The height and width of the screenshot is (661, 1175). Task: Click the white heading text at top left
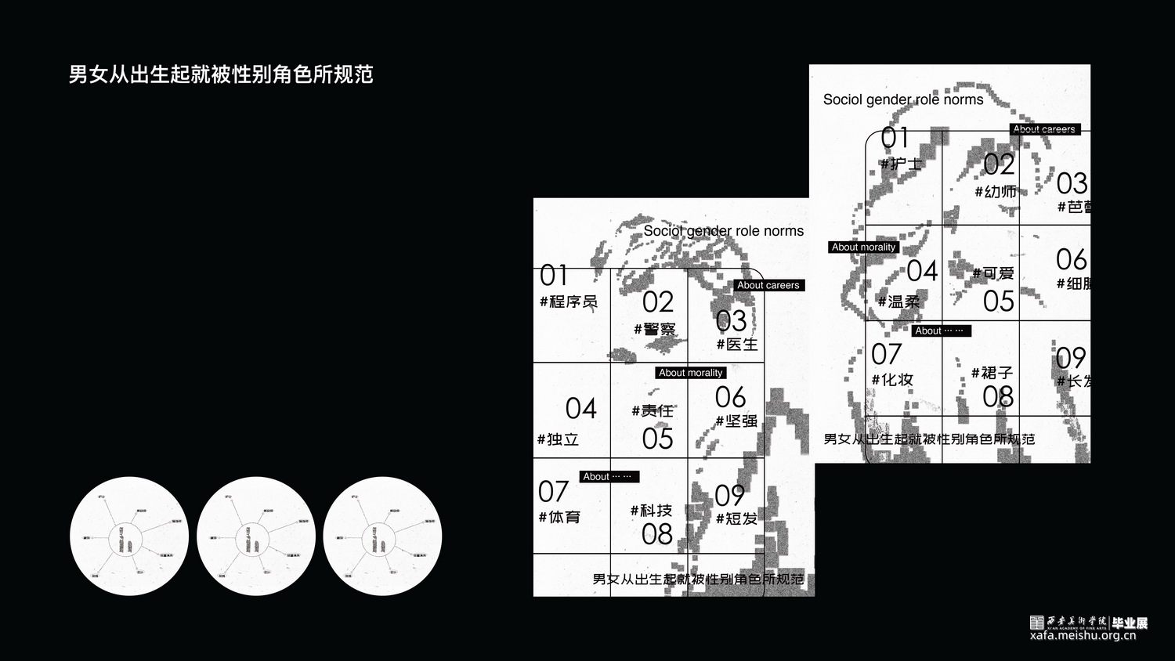click(221, 74)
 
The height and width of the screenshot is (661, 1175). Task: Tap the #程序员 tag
click(569, 302)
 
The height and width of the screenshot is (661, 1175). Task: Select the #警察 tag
click(655, 329)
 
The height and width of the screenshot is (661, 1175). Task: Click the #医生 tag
click(737, 344)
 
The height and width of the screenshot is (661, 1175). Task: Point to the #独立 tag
click(558, 439)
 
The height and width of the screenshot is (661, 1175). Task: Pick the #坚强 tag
click(736, 421)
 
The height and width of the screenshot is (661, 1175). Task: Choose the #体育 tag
click(559, 517)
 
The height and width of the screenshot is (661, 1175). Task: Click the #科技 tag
click(651, 511)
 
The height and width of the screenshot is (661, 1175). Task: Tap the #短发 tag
click(736, 518)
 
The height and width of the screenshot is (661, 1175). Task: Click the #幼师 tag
click(996, 191)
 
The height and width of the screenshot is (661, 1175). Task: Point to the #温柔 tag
click(898, 301)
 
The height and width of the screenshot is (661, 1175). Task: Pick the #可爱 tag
click(993, 273)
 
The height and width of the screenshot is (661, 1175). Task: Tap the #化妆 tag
click(892, 379)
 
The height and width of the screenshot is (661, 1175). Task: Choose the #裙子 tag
click(992, 373)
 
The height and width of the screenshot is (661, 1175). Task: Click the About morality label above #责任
click(690, 373)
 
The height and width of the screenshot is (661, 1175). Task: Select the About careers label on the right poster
click(1044, 129)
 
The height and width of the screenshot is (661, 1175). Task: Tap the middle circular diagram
click(256, 536)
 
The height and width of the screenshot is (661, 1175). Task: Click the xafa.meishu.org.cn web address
click(1083, 635)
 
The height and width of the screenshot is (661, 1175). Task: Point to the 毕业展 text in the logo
click(1130, 623)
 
